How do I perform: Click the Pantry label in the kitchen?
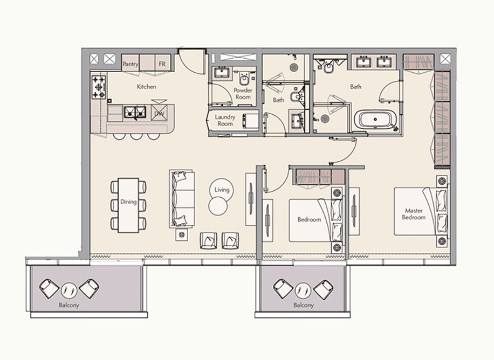tap(131, 64)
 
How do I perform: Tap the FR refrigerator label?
tap(161, 64)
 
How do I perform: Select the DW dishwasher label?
tap(159, 114)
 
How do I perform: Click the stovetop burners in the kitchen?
tap(99, 87)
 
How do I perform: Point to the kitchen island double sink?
tap(135, 112)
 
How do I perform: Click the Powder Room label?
tap(243, 94)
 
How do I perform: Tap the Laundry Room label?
tap(224, 120)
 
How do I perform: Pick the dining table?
tap(128, 205)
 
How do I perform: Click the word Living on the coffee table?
tap(222, 190)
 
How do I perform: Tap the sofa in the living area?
tap(181, 198)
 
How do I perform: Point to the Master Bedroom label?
tap(413, 214)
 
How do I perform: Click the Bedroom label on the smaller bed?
tap(309, 219)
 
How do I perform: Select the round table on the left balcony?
tap(68, 290)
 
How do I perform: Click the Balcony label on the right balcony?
tap(304, 305)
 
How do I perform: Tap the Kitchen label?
tap(146, 87)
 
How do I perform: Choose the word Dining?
tap(128, 203)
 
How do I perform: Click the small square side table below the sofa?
tap(181, 234)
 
